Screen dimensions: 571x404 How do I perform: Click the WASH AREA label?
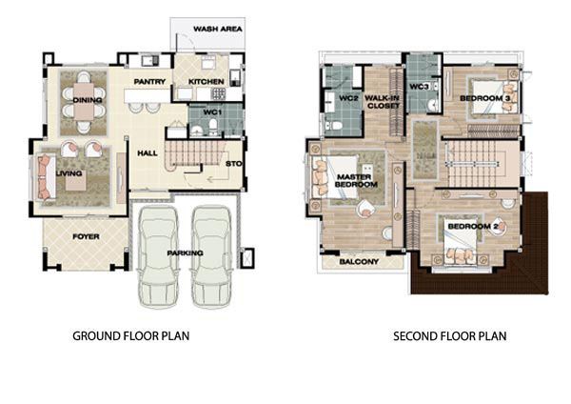(x=217, y=29)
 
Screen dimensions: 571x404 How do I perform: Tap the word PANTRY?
(x=149, y=82)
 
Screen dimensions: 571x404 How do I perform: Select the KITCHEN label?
(x=207, y=82)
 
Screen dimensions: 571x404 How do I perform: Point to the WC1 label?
(x=212, y=112)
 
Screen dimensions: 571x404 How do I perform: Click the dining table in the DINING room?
(x=84, y=101)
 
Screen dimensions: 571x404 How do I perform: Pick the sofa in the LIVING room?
(x=45, y=177)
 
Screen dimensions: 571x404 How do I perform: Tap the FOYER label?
(x=86, y=236)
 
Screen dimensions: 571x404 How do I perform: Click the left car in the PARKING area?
(x=158, y=256)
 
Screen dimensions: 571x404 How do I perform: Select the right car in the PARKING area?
(x=211, y=256)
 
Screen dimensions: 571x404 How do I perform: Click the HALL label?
(x=148, y=153)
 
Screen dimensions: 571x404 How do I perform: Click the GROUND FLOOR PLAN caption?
(x=131, y=335)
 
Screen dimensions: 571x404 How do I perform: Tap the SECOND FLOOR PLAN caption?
(x=450, y=335)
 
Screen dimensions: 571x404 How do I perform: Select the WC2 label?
(x=348, y=98)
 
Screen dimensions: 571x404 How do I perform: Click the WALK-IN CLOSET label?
(x=383, y=102)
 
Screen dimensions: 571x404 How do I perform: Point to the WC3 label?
(x=419, y=87)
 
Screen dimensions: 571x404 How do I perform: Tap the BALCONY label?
(x=359, y=262)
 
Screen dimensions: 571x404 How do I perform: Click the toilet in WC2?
(x=334, y=126)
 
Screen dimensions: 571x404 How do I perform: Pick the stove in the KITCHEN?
(x=219, y=93)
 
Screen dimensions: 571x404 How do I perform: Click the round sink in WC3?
(x=434, y=105)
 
